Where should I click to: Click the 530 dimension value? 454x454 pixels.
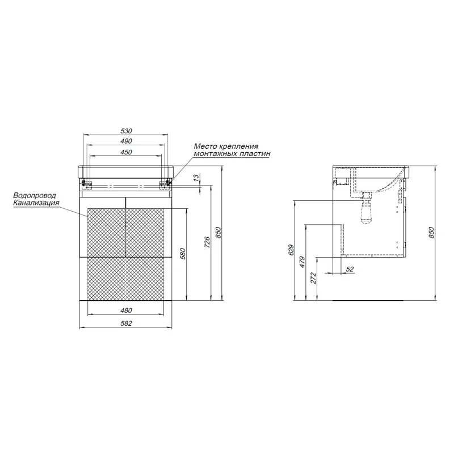tap(126, 131)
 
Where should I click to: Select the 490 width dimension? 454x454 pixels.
tap(126, 141)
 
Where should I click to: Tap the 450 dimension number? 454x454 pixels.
tap(126, 152)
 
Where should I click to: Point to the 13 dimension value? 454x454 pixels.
tap(196, 177)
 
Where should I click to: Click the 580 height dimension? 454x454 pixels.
tap(182, 254)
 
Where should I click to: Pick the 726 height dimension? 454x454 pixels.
tap(207, 242)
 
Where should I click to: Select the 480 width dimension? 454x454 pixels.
tap(126, 310)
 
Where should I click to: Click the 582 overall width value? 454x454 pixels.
tap(126, 323)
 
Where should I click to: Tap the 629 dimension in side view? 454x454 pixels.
tap(291, 250)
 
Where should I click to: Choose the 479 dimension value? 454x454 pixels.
tap(302, 262)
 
